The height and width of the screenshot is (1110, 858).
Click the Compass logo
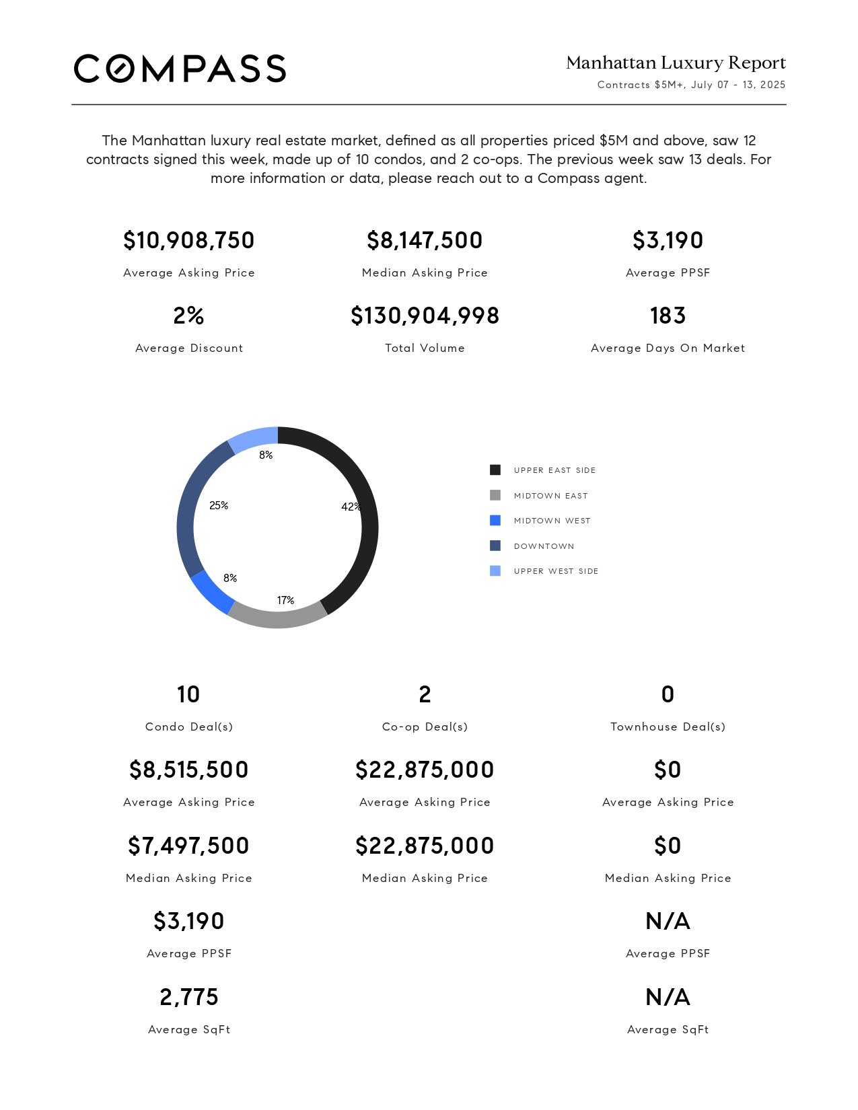coord(180,69)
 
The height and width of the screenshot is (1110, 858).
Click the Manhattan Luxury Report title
coord(676,63)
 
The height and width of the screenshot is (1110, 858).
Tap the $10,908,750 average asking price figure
coord(188,241)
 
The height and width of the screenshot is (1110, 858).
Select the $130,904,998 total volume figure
coord(425,316)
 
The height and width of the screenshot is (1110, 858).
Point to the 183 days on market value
coord(668,316)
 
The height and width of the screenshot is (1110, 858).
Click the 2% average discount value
coord(188,316)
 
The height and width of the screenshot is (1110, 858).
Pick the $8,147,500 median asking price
coord(425,241)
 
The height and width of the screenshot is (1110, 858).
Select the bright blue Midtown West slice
coord(211,593)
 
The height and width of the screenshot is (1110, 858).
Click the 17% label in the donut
coord(285,600)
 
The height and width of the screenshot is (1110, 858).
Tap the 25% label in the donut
coord(219,506)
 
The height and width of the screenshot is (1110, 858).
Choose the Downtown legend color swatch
coord(495,546)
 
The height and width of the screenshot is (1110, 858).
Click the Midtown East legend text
coord(551,496)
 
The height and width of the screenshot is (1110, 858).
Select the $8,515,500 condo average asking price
coord(188,770)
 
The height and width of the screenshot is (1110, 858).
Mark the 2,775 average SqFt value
coord(188,997)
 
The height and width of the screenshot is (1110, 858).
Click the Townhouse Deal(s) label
coord(668,727)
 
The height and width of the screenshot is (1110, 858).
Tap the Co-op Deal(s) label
coord(425,727)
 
